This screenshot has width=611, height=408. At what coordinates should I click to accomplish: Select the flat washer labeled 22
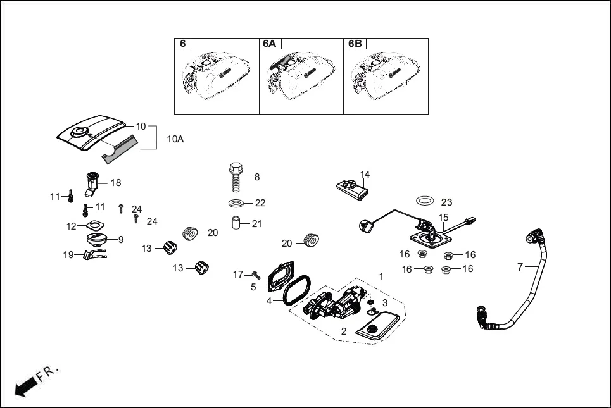237,203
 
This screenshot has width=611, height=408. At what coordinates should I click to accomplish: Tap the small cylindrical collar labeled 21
236,224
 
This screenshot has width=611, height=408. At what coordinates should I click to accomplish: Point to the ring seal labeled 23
426,201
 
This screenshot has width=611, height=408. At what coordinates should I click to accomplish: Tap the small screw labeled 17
255,275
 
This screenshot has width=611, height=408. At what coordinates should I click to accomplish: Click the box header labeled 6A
270,44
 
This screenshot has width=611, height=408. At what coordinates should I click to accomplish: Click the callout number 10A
175,139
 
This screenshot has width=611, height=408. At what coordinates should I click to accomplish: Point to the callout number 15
444,218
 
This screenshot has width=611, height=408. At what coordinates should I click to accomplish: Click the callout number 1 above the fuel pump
381,276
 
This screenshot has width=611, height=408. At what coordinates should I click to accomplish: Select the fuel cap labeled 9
97,240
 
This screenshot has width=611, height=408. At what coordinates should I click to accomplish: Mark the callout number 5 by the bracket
253,287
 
